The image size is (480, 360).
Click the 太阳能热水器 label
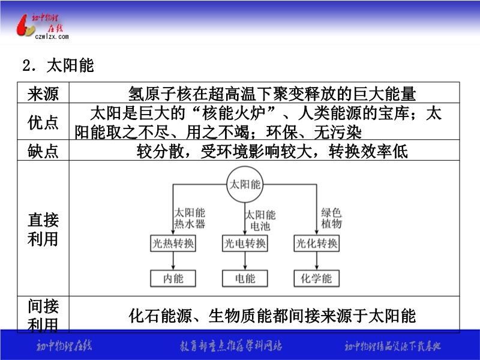click(x=190, y=218)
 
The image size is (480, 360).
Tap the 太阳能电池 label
click(x=260, y=220)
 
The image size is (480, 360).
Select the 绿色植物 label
click(x=331, y=218)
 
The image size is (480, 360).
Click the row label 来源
click(x=43, y=94)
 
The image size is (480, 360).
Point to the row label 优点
click(x=43, y=122)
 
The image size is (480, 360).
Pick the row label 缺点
click(x=43, y=151)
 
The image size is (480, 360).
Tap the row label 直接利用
click(x=43, y=229)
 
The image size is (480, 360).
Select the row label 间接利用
click(x=43, y=316)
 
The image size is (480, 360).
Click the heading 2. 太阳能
click(x=58, y=65)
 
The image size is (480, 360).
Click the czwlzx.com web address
click(x=52, y=37)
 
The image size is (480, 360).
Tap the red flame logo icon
click(x=25, y=26)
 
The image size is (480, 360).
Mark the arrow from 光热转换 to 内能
click(x=173, y=261)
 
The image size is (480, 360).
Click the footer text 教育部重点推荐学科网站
click(x=230, y=346)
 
